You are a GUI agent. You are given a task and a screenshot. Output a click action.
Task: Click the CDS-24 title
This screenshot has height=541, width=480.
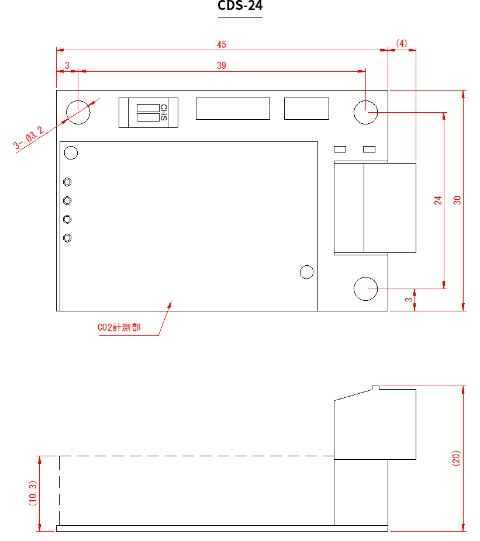pyautogui.click(x=240, y=5)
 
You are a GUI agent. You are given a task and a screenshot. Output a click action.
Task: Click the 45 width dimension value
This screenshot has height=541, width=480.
pyautogui.click(x=222, y=44)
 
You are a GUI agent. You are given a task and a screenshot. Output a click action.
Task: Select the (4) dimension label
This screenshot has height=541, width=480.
pyautogui.click(x=401, y=43)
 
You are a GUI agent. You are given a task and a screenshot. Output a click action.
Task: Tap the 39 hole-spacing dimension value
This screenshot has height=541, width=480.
pyautogui.click(x=222, y=65)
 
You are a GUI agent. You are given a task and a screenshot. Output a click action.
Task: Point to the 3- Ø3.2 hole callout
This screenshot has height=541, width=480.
pyautogui.click(x=29, y=138)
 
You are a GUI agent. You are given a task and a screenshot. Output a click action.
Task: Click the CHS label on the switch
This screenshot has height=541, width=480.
pyautogui.click(x=164, y=113)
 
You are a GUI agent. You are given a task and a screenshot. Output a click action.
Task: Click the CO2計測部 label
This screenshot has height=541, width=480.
pyautogui.click(x=119, y=327)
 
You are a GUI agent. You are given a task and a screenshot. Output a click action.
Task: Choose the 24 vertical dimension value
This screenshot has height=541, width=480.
pyautogui.click(x=438, y=200)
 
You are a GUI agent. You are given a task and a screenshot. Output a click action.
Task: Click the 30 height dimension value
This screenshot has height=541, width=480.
pyautogui.click(x=457, y=200)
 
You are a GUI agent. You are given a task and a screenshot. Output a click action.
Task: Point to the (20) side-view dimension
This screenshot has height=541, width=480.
pyautogui.click(x=456, y=458)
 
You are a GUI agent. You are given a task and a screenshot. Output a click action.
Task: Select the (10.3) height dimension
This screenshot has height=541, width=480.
pyautogui.click(x=33, y=494)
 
